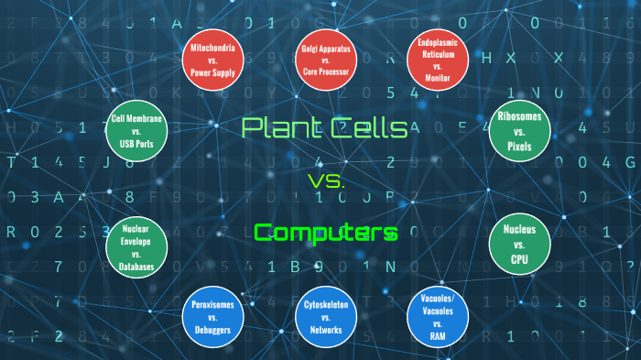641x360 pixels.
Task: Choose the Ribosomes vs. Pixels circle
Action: pos(518,131)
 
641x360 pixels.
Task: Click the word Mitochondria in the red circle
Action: pos(212,46)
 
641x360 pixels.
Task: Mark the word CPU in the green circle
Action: pos(519,259)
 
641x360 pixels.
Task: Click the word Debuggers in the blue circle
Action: pos(212,329)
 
